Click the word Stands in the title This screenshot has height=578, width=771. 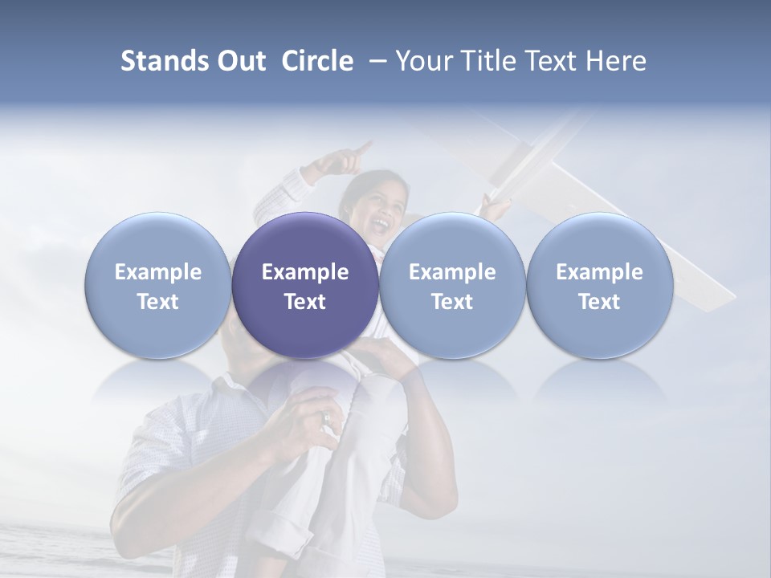160,61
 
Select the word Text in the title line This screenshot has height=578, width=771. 553,61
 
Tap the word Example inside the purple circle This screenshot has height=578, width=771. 305,272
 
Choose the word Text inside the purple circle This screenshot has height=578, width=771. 305,302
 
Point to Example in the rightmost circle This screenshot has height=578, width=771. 599,272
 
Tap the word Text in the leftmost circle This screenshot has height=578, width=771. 158,302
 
